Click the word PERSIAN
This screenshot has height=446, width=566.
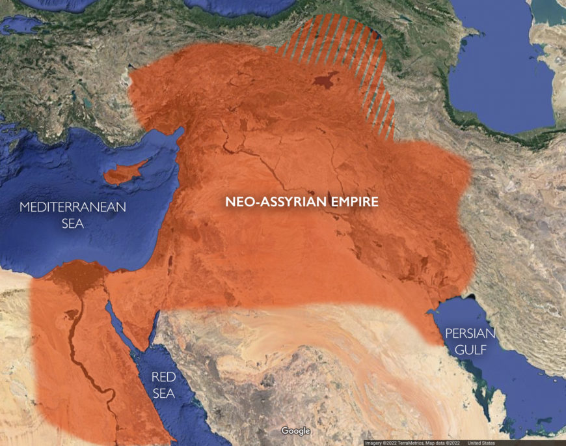coord(470,333)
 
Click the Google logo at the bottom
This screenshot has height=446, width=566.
coord(295,431)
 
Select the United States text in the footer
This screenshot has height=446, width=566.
coord(481,443)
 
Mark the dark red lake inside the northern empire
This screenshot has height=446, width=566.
coord(321,81)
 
